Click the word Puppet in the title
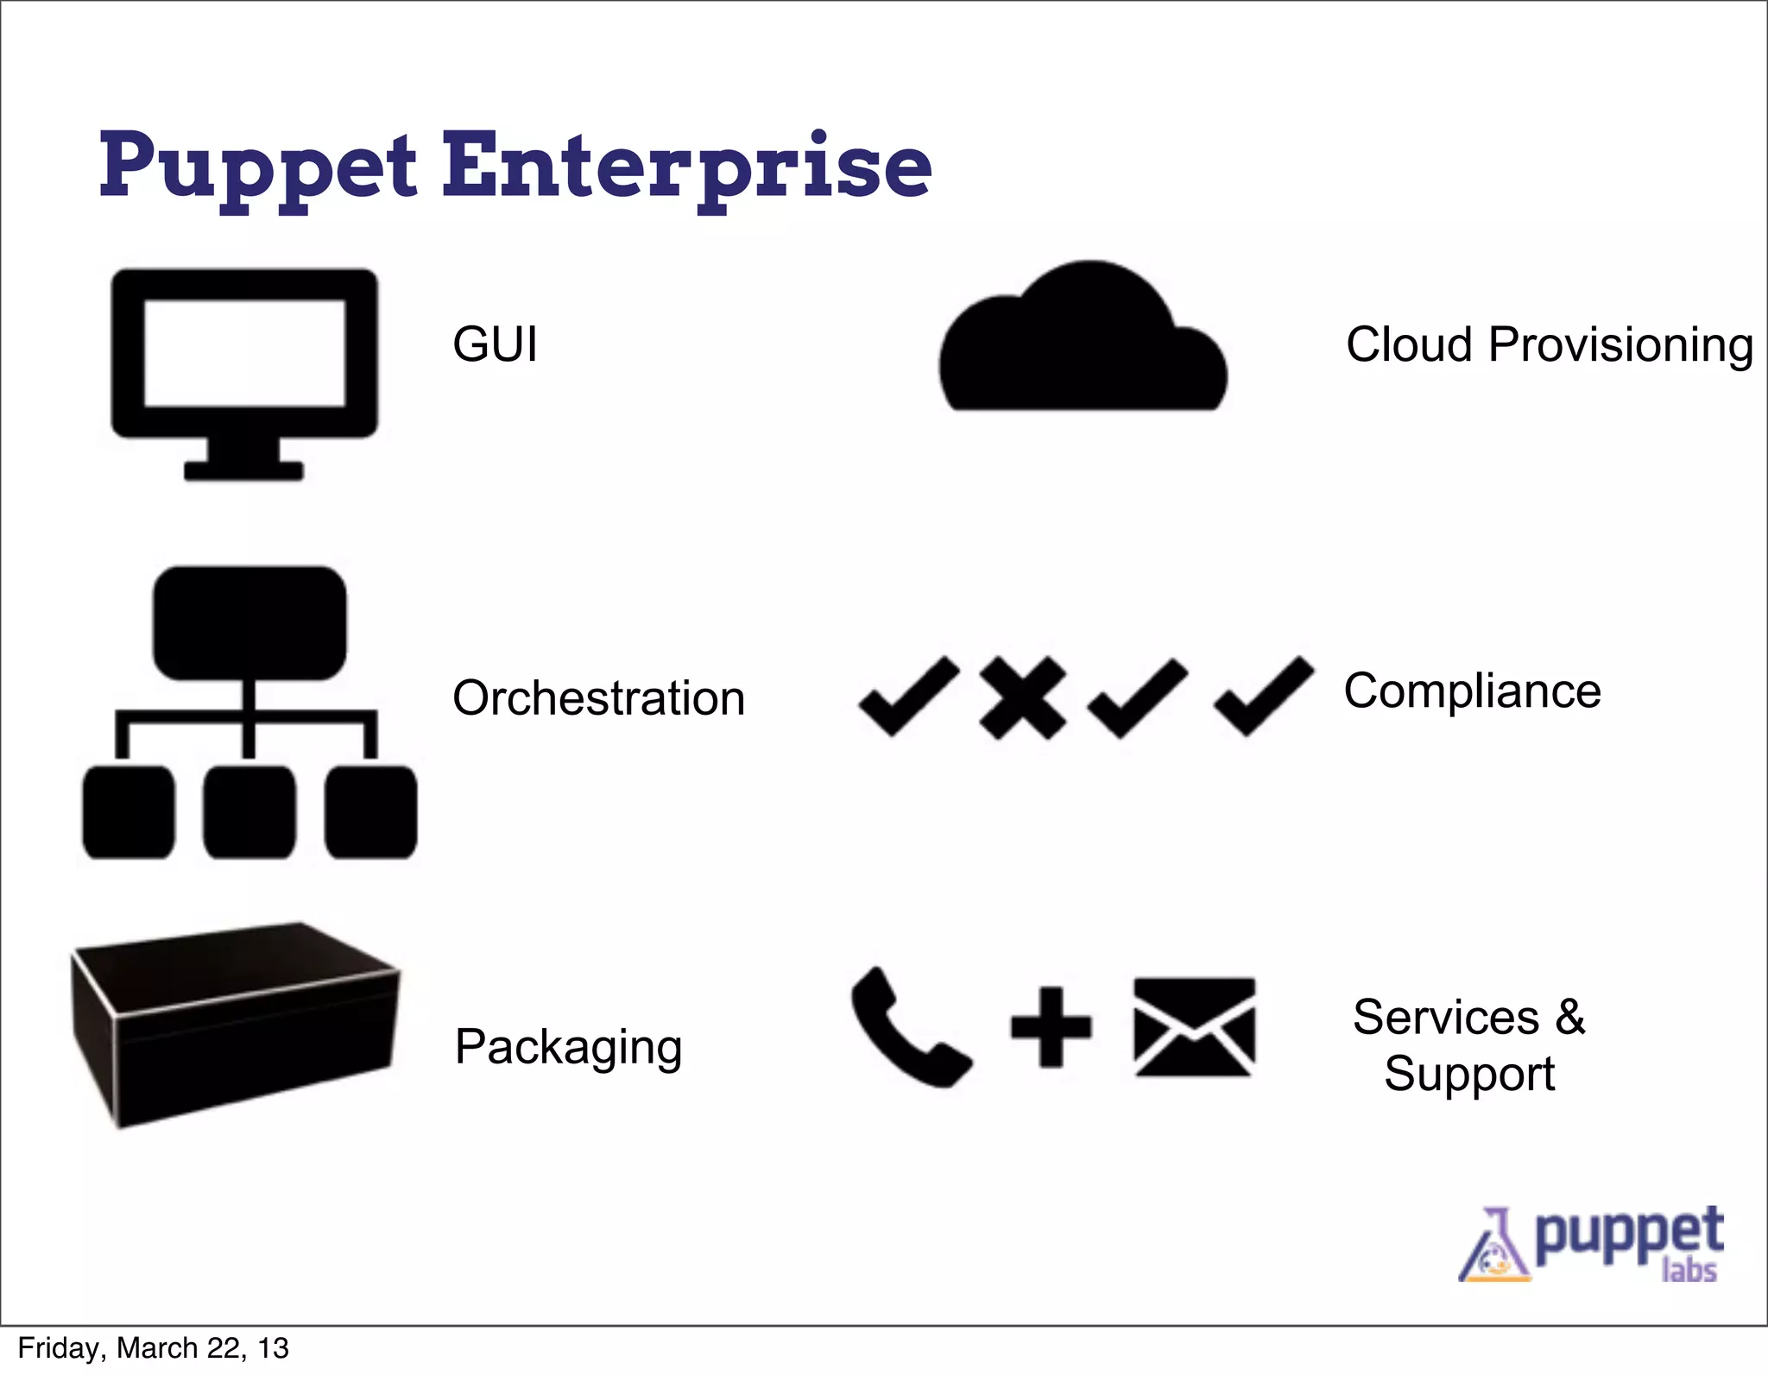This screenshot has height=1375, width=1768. coord(257,166)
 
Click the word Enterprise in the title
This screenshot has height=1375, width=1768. coord(686,166)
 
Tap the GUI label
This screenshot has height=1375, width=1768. coord(495,344)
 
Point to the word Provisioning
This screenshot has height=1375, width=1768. coord(1620,346)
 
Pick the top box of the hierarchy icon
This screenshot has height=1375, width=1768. coord(249,622)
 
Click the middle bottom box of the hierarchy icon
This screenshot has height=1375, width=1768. coord(249,811)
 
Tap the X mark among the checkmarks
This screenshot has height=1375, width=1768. coord(1022,697)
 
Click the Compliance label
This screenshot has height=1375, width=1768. coord(1472,691)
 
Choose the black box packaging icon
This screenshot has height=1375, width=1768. coord(235,1025)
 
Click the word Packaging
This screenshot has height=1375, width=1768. coord(568,1047)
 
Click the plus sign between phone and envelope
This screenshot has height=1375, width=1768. coord(1051,1026)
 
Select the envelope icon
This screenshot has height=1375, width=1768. coord(1194,1027)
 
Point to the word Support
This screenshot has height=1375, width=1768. coord(1469,1075)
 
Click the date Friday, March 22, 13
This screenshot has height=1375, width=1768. coord(153,1348)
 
